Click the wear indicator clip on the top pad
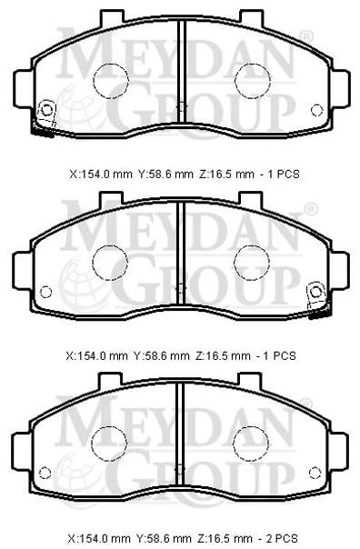[x=45, y=118]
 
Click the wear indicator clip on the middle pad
[x=318, y=299]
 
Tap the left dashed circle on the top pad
[x=111, y=81]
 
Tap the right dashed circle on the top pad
[x=253, y=81]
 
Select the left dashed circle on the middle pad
[x=110, y=263]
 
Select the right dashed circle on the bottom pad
[x=250, y=444]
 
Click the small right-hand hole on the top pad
[x=316, y=110]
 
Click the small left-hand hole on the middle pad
[x=45, y=292]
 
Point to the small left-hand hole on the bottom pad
[x=45, y=473]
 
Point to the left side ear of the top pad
[x=23, y=88]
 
